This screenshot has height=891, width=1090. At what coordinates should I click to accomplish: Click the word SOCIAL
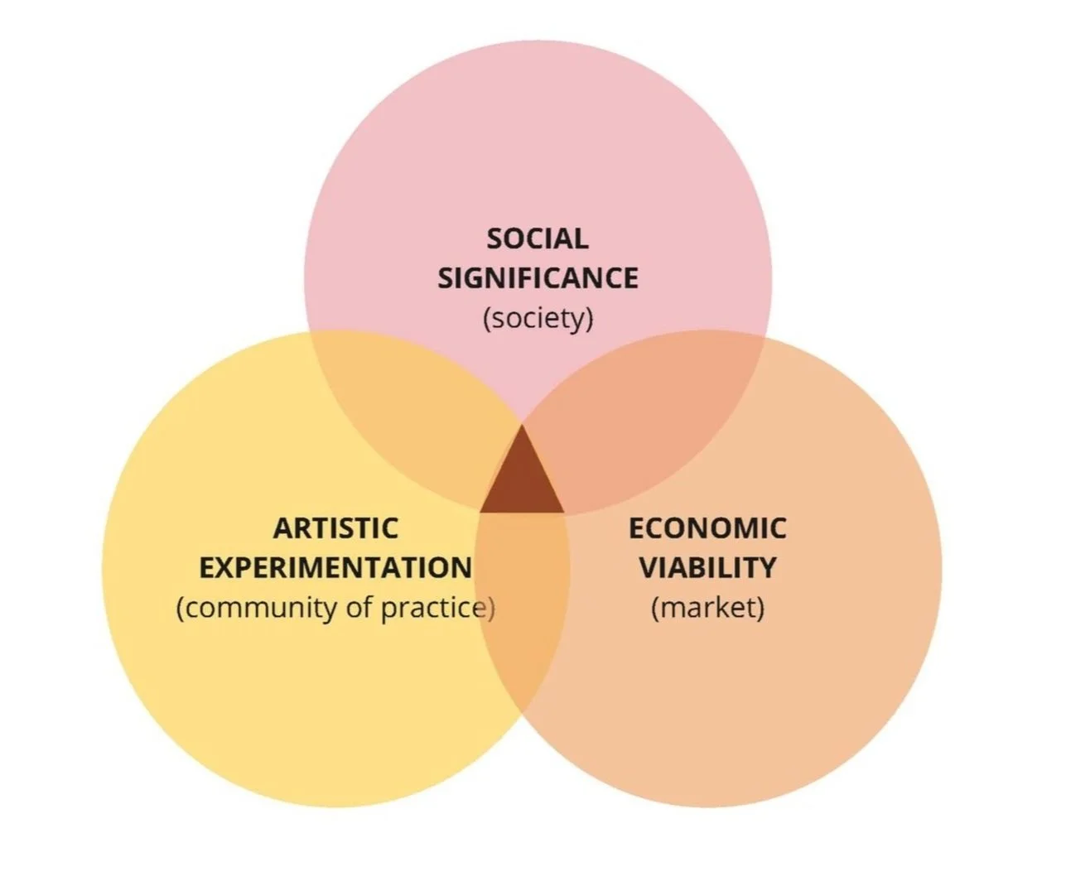point(538,238)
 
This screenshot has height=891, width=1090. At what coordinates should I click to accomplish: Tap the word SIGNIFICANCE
point(538,278)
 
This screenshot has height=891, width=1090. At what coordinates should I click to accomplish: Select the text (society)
point(538,318)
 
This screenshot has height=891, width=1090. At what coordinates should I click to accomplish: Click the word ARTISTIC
point(335,528)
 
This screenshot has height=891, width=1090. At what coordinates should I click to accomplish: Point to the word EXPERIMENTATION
point(335,568)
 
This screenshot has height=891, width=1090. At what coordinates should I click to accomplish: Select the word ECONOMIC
point(707,528)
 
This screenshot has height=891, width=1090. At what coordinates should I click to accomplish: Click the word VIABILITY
point(707,568)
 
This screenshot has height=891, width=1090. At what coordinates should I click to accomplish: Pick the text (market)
point(707,608)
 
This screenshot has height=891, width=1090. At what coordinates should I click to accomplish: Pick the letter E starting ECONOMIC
point(636,528)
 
